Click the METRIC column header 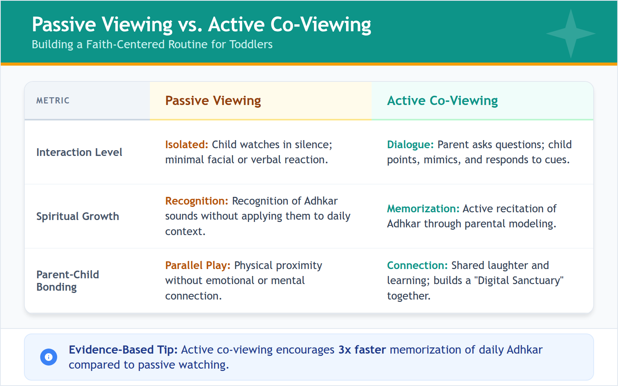pos(53,101)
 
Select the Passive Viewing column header pos(213,101)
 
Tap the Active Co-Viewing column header pos(442,101)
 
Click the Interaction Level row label pos(79,152)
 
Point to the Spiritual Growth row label pos(78,217)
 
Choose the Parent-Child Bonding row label pos(68,281)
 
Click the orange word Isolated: pos(187,145)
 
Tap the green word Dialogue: pos(410,145)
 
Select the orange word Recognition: pos(197,201)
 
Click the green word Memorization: pos(423,209)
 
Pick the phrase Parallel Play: pos(198,266)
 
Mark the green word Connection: pos(417,266)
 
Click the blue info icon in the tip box pos(49,357)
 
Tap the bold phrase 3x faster pos(362,350)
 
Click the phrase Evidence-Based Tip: pos(123,350)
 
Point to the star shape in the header pos(570,34)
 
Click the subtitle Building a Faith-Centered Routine pos(152,44)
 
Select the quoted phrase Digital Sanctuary pos(520,281)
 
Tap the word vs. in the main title pos(190,25)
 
